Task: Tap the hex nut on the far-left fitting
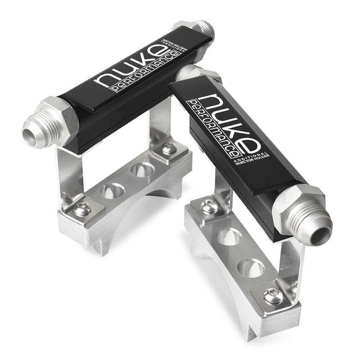pyautogui.click(x=60, y=117)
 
